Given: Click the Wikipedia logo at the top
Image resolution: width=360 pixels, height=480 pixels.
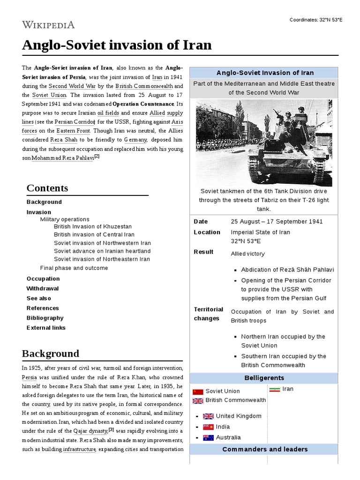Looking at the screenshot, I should [48, 24].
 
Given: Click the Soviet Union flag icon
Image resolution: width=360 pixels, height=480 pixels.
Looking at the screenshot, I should [198, 391].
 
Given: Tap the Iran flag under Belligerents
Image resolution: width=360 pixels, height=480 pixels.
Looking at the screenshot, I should [275, 389].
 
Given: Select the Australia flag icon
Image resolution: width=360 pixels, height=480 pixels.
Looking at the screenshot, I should [208, 438].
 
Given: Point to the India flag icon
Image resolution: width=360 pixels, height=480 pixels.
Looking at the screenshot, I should [208, 427].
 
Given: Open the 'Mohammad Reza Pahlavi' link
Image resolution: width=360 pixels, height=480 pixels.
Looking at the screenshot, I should [62, 158].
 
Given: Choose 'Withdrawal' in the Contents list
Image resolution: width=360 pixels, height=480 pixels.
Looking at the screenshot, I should [43, 288].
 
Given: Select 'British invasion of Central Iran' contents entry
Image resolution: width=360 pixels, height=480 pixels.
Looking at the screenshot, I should [94, 234].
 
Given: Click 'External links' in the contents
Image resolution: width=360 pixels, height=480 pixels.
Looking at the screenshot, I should [46, 328].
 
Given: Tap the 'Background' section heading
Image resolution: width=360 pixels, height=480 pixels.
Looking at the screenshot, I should [50, 353].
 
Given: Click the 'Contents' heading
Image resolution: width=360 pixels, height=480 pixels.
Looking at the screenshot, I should [47, 188].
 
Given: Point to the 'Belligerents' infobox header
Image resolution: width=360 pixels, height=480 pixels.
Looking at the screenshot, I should [264, 378].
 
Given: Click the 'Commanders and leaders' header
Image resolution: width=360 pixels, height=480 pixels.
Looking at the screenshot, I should [265, 449].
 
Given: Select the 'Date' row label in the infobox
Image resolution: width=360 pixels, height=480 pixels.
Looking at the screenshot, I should [201, 222].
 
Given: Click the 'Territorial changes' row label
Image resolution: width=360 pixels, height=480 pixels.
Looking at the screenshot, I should [208, 314].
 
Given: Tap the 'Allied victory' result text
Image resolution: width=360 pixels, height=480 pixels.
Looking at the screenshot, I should [247, 254].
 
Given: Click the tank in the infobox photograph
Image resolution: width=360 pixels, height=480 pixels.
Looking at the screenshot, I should [286, 145].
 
